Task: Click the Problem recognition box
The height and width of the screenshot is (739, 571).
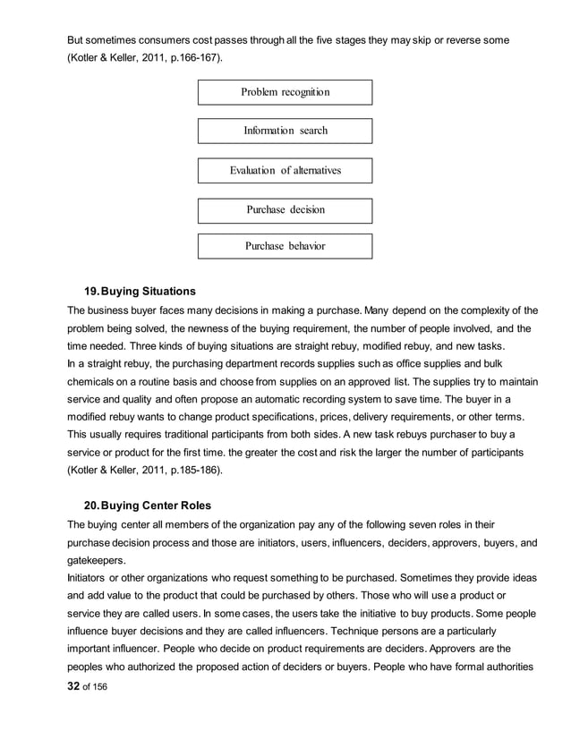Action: coord(285,93)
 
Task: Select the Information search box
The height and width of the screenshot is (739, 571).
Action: coord(285,132)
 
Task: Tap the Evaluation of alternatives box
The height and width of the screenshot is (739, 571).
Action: coord(285,170)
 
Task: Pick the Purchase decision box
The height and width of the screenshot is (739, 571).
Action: coord(285,210)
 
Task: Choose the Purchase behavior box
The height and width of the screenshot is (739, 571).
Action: coord(285,246)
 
